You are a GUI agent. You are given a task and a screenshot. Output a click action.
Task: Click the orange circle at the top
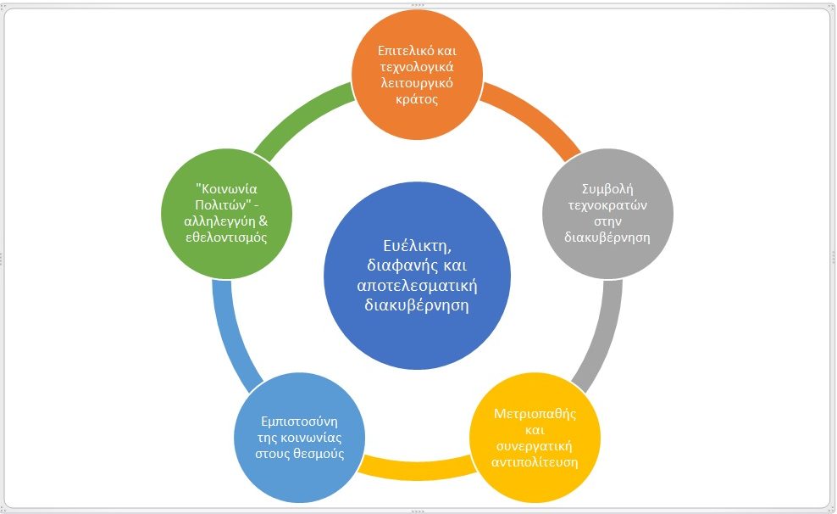tap(418, 75)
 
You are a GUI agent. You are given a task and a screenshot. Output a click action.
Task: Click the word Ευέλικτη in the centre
tap(418, 244)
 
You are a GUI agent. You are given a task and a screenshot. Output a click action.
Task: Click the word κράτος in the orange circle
tap(418, 98)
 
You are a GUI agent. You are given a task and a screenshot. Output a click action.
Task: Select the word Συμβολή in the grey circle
tap(607, 189)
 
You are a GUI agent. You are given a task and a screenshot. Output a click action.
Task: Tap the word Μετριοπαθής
tap(535, 414)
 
